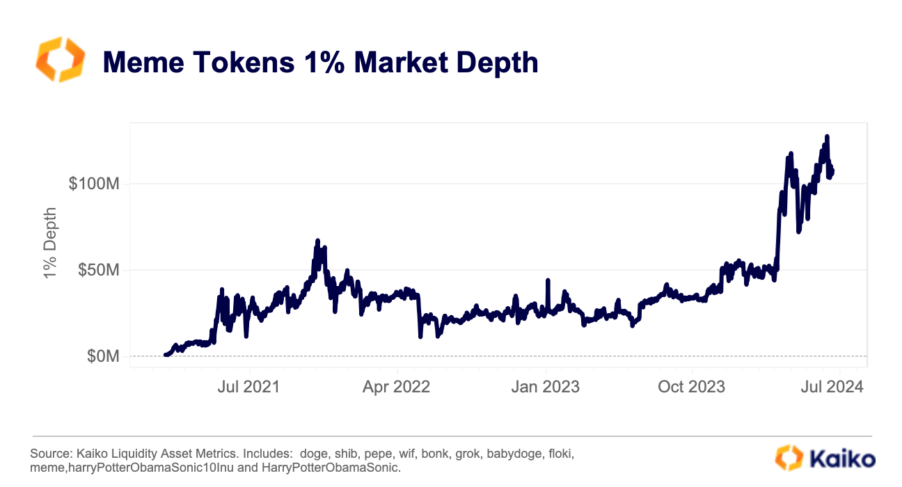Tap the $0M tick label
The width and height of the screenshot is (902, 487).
103,356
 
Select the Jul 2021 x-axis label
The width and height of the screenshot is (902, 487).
248,386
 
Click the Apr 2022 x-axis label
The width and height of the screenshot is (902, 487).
396,386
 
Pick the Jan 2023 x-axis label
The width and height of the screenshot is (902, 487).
546,386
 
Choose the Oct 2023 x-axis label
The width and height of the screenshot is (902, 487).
693,386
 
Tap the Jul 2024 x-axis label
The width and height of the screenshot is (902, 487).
837,386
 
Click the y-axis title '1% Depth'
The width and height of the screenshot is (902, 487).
50,243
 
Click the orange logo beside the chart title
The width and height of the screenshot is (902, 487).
60,60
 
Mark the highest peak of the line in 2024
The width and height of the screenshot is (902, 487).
827,136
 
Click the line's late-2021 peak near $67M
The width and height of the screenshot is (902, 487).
317,241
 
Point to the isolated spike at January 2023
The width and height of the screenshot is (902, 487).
548,280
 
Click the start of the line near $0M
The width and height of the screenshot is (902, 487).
166,355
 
